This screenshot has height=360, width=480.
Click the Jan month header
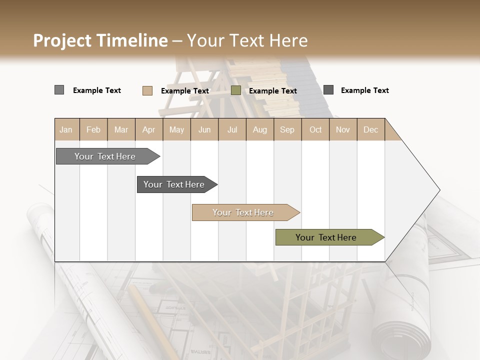click(66, 129)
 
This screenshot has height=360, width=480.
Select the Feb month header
click(93, 129)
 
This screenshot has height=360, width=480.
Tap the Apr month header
click(148, 129)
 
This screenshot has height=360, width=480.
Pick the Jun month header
click(204, 129)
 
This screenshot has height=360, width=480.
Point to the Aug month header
click(259, 129)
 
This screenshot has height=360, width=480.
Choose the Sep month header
click(287, 129)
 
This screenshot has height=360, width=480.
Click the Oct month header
click(315, 129)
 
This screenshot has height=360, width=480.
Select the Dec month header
click(370, 129)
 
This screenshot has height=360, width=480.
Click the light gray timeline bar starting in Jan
click(105, 156)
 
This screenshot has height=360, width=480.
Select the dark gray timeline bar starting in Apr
click(174, 184)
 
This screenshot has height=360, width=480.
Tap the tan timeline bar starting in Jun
click(243, 212)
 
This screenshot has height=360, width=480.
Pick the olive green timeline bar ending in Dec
click(326, 237)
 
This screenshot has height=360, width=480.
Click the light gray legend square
click(59, 90)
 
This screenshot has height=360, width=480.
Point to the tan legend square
click(147, 90)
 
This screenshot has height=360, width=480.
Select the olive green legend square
click(236, 90)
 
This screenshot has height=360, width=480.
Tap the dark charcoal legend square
click(328, 90)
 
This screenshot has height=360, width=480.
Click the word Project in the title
click(62, 40)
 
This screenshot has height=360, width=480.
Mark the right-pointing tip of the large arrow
click(438, 190)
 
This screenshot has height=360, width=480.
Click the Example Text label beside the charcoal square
click(364, 90)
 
